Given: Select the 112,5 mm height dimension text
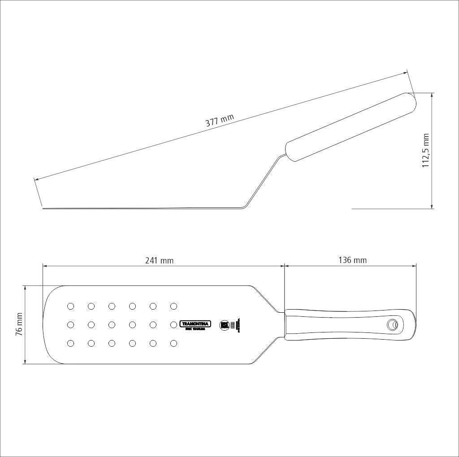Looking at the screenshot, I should coord(426,151).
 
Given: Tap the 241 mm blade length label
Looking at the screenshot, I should coord(159,260).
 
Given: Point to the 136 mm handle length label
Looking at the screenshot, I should coord(353,260).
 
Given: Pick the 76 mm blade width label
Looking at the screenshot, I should coord(19,324).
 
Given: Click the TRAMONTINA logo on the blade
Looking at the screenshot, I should coord(195,323).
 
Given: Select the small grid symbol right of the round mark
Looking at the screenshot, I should coord(233,325).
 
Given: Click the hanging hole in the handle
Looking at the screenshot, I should coord(393,324).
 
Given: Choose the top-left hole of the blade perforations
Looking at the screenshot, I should coord(70,306).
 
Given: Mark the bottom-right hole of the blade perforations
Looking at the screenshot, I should coord(174,343).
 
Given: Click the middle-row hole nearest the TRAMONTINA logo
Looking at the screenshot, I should coord(174,324).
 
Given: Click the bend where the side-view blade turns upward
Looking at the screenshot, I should coord(244,207).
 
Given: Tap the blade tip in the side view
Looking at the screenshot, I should coord(43,207).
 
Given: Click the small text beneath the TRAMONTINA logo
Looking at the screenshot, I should coord(195,329).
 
